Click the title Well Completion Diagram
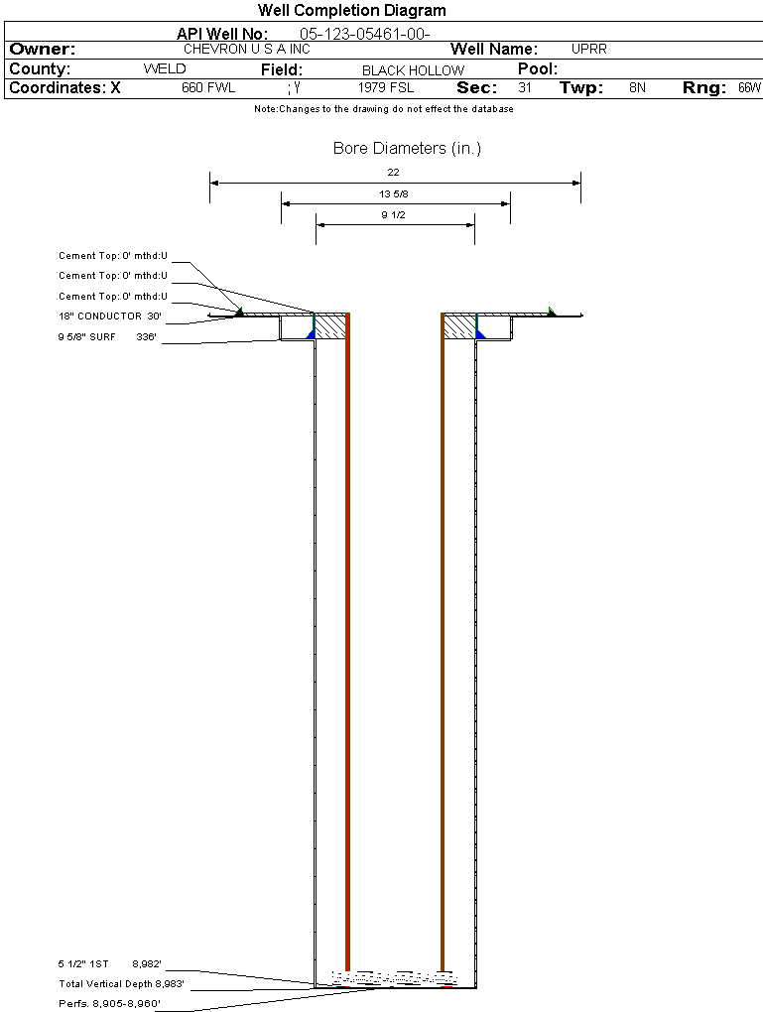pyautogui.click(x=352, y=10)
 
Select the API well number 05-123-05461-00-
pyautogui.click(x=365, y=34)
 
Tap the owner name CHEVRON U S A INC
pyautogui.click(x=247, y=49)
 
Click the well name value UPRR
pyautogui.click(x=588, y=49)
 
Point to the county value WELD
pyautogui.click(x=165, y=69)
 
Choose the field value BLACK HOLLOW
pyautogui.click(x=413, y=70)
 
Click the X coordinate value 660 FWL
pyautogui.click(x=208, y=87)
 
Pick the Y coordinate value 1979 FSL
pyautogui.click(x=386, y=87)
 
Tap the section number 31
pyautogui.click(x=525, y=87)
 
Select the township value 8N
pyautogui.click(x=637, y=87)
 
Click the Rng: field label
pyautogui.click(x=704, y=88)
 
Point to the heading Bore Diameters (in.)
pyautogui.click(x=408, y=149)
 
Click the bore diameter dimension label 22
pyautogui.click(x=393, y=173)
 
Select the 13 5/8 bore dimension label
pyautogui.click(x=393, y=193)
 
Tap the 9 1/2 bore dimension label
pyautogui.click(x=393, y=215)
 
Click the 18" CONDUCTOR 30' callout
pyautogui.click(x=110, y=316)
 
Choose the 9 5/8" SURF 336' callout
pyautogui.click(x=107, y=337)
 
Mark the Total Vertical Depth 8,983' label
pyautogui.click(x=121, y=984)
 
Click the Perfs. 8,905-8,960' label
pyautogui.click(x=109, y=1004)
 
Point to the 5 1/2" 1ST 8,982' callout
pyautogui.click(x=109, y=964)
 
